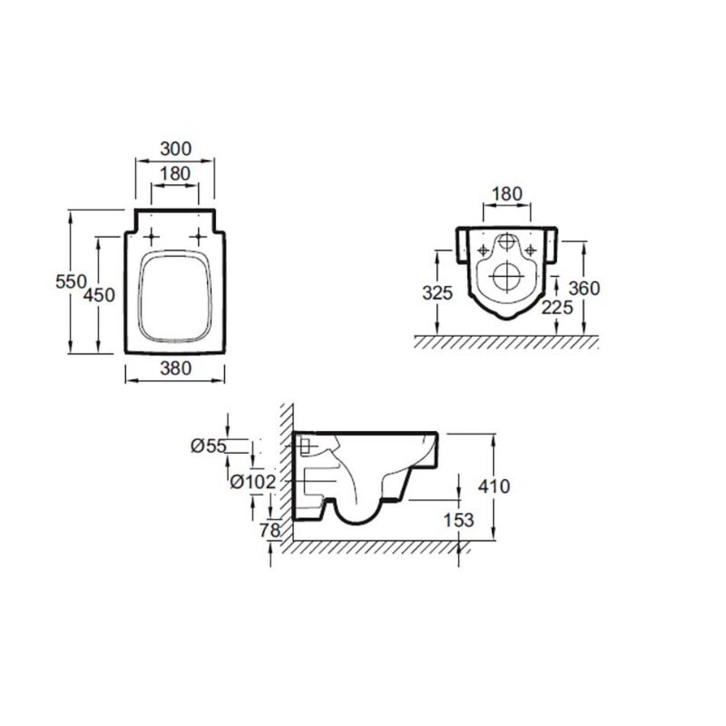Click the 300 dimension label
click(x=176, y=149)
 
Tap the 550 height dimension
click(x=71, y=281)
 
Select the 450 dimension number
click(x=99, y=295)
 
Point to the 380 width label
click(x=176, y=368)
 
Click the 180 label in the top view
click(x=176, y=174)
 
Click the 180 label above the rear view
click(x=507, y=194)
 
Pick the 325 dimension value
click(x=437, y=293)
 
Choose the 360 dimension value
click(x=585, y=288)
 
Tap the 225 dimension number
click(x=557, y=307)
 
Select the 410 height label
click(x=494, y=487)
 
